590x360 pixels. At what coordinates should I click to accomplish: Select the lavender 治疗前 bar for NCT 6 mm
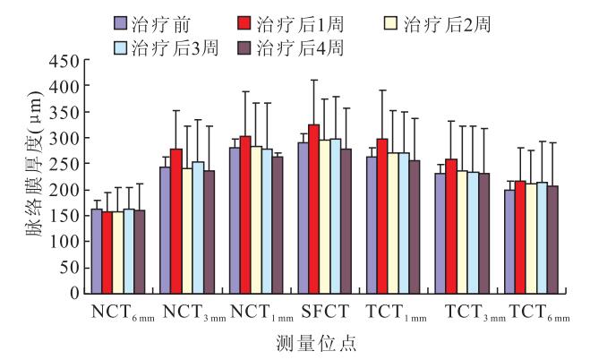tap(97, 251)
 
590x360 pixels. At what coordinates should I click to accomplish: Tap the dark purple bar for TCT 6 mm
tap(552, 239)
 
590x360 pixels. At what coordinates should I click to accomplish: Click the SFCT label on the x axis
tap(318, 311)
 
